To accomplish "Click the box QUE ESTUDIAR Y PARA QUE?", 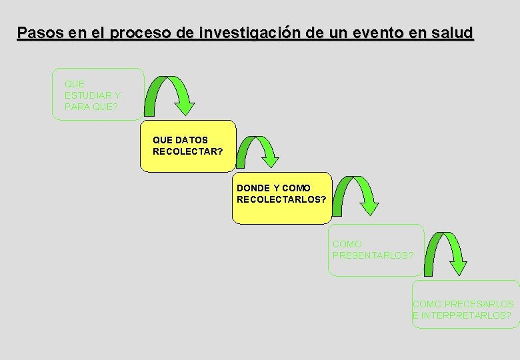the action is (x=98, y=94).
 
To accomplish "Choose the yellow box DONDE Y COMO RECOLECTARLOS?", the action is (x=281, y=197).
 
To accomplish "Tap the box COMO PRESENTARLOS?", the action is (x=376, y=249).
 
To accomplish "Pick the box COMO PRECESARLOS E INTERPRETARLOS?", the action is (x=465, y=304).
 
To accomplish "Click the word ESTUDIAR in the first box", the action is (x=93, y=95).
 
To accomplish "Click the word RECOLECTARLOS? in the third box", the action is (x=281, y=199).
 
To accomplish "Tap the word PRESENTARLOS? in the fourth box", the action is (x=373, y=255).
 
